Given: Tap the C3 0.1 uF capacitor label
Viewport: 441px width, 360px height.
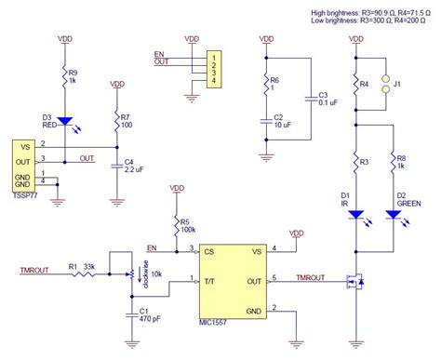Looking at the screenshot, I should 323,100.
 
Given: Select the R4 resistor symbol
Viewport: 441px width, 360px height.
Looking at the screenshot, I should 354,85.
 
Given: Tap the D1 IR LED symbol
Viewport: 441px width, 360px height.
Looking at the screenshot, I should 354,213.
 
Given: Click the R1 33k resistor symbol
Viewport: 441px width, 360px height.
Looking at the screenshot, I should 73,276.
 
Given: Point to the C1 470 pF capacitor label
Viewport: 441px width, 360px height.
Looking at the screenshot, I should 147,316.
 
